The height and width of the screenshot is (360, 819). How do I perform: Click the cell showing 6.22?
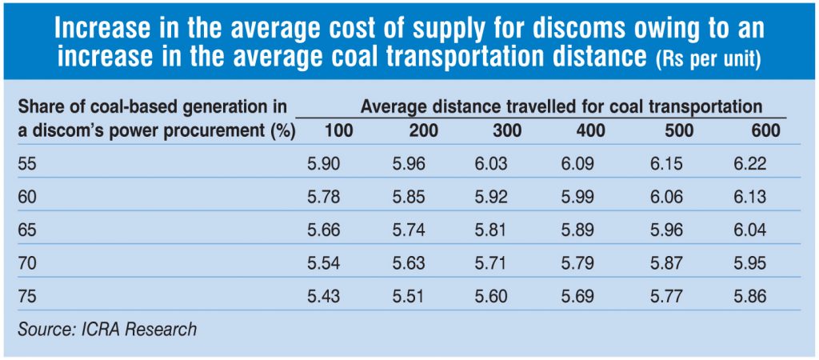coord(750,164)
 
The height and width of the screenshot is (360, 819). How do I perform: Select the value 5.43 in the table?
coord(324,296)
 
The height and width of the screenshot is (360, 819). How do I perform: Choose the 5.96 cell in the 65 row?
coord(665,230)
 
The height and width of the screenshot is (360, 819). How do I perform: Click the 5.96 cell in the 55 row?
coord(409,164)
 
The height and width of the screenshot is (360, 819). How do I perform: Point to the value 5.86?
coord(750,296)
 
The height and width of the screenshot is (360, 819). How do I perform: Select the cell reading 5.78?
coord(324,198)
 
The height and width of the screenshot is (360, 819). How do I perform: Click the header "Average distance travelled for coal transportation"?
coord(561,106)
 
